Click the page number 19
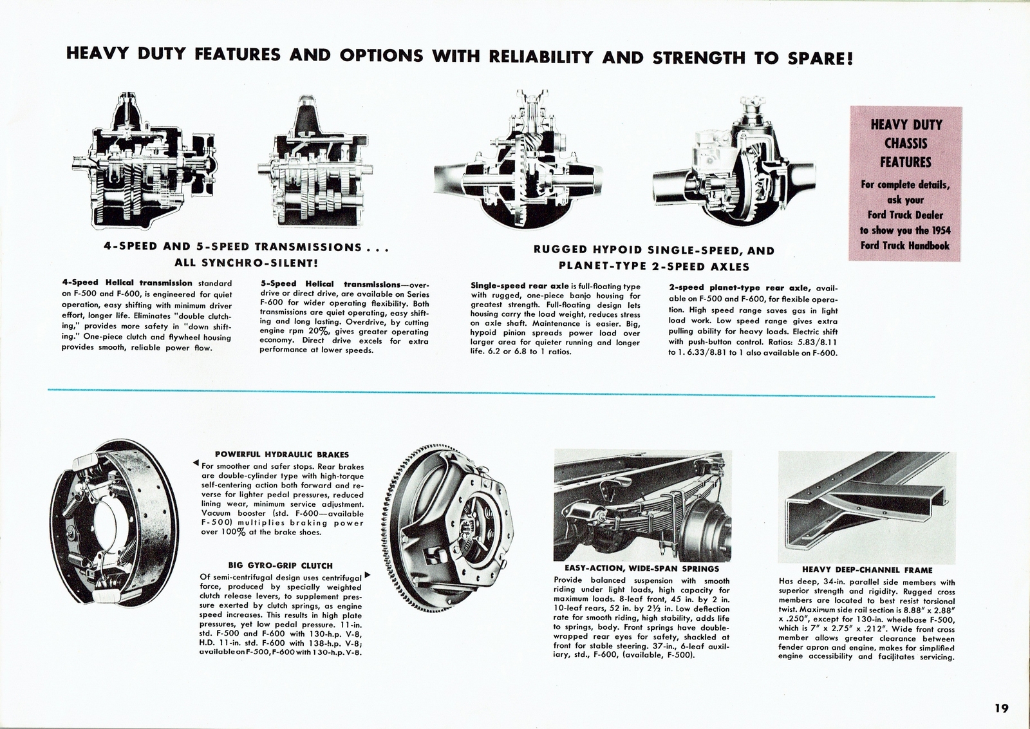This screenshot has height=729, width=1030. [1001, 708]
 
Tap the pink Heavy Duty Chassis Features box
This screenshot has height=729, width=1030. [905, 184]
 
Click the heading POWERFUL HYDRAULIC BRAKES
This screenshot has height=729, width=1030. [282, 454]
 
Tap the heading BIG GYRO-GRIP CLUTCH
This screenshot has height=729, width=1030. [281, 565]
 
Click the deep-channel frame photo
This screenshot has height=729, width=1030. [866, 506]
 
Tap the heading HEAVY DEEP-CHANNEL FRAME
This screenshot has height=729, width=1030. [867, 570]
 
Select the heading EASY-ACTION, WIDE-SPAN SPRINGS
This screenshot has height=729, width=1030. [642, 569]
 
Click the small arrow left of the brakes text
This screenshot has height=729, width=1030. [195, 464]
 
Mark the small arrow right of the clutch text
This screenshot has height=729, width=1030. [368, 574]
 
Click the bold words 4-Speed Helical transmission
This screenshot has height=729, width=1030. [127, 283]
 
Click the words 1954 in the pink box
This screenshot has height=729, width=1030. [941, 230]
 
